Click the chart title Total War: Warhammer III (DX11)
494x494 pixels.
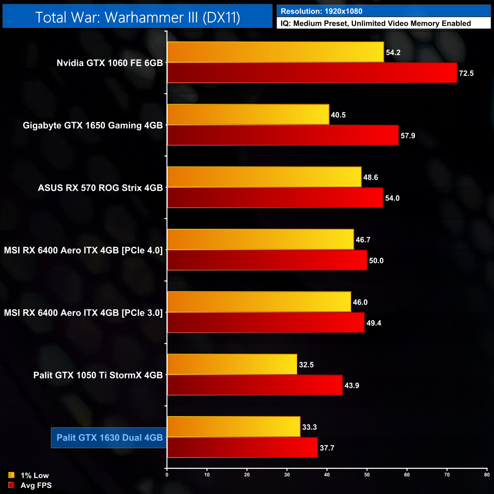138,17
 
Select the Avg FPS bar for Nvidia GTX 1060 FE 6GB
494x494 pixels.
312,73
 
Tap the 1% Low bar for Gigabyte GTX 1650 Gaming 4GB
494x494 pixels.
248,114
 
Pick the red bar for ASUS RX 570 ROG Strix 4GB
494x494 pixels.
275,198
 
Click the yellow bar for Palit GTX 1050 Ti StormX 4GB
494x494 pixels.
232,364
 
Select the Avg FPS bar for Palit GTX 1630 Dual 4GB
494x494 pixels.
242,447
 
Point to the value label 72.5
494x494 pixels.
466,73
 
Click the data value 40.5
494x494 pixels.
338,115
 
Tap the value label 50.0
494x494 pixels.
376,261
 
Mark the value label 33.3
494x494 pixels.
309,427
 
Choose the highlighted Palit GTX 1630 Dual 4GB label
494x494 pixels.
109,437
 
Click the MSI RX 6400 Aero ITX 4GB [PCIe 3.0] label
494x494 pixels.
83,313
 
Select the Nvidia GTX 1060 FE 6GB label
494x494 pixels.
109,63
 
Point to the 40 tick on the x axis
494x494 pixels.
327,475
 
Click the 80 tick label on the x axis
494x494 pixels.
487,475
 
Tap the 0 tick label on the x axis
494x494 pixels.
167,475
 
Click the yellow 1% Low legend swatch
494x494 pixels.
11,475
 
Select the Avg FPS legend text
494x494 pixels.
36,485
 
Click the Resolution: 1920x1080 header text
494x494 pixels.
321,11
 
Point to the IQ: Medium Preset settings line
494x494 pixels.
375,24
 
